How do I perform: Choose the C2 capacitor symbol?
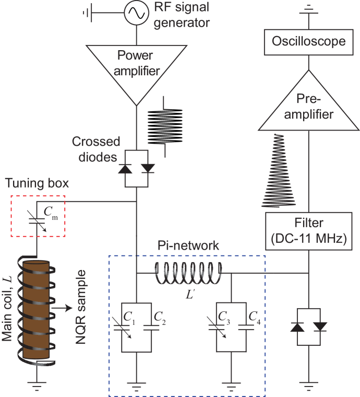tap(150, 326)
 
